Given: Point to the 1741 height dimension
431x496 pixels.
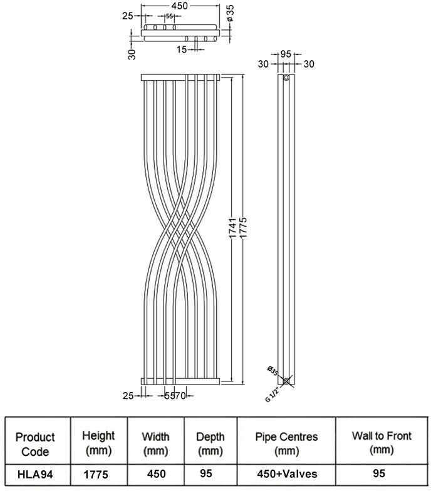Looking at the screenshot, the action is click(233, 230).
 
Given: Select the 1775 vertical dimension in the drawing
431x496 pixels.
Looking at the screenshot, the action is click(244, 230).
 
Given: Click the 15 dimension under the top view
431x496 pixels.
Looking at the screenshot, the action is click(181, 49).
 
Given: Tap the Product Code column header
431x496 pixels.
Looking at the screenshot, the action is click(34, 443).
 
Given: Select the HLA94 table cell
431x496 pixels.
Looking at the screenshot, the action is click(34, 475).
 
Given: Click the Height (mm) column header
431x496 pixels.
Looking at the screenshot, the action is click(98, 443).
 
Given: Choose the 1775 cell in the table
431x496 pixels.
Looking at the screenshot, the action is click(98, 475).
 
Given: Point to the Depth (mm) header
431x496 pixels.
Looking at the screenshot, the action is click(210, 443).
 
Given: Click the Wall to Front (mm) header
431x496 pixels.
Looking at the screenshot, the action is click(381, 443).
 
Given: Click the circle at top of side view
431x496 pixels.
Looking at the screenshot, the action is click(286, 78).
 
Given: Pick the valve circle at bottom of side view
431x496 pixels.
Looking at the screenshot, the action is click(286, 381).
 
